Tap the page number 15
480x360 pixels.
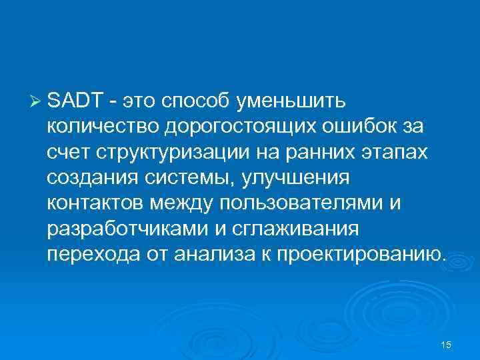(447, 344)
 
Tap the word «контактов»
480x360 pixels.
(95, 203)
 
